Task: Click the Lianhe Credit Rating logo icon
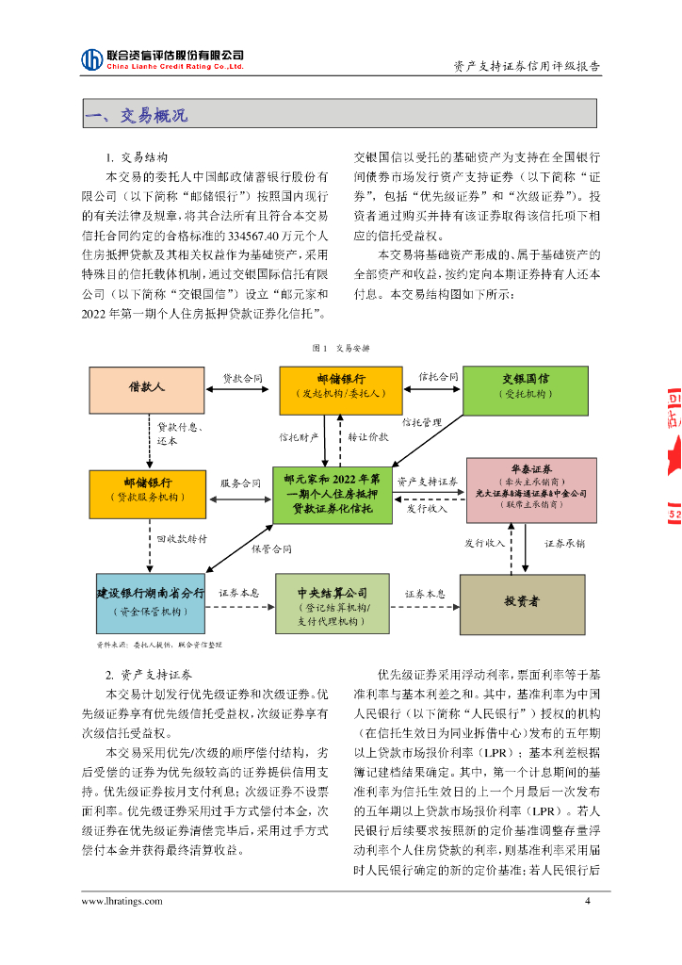pyautogui.click(x=92, y=59)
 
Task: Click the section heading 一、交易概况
pyautogui.click(x=136, y=116)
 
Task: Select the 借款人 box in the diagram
pyautogui.click(x=146, y=390)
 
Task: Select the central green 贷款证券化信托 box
pyautogui.click(x=333, y=495)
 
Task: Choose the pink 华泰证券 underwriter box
pyautogui.click(x=532, y=488)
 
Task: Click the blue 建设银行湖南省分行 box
pyautogui.click(x=150, y=601)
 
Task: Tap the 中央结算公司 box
pyautogui.click(x=332, y=603)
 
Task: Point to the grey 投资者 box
pyautogui.click(x=521, y=601)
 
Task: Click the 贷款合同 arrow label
pyautogui.click(x=242, y=378)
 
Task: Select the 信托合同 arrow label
pyautogui.click(x=438, y=377)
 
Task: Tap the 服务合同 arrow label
pyautogui.click(x=240, y=482)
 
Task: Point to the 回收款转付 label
pyautogui.click(x=182, y=538)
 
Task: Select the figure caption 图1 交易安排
pyautogui.click(x=340, y=348)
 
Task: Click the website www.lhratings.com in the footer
pyautogui.click(x=122, y=901)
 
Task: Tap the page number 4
pyautogui.click(x=588, y=901)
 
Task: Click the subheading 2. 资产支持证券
pyautogui.click(x=148, y=676)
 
